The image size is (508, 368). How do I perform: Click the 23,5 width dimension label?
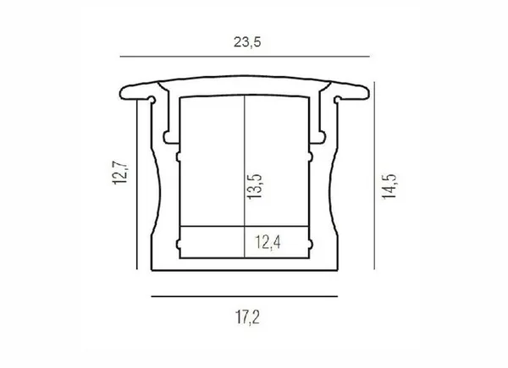click(x=247, y=42)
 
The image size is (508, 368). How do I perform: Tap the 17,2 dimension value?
click(x=247, y=317)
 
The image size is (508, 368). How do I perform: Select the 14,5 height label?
click(x=389, y=186)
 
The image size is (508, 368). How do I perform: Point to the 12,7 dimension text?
click(x=120, y=173)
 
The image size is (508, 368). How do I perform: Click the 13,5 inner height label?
click(x=254, y=186)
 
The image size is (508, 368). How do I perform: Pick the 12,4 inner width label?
click(x=268, y=242)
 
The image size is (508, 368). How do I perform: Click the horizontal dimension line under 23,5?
click(x=245, y=57)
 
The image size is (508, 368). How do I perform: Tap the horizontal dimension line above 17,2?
click(x=245, y=296)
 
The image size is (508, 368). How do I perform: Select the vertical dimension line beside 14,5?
click(x=374, y=175)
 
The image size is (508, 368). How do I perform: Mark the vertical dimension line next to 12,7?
click(x=137, y=184)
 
